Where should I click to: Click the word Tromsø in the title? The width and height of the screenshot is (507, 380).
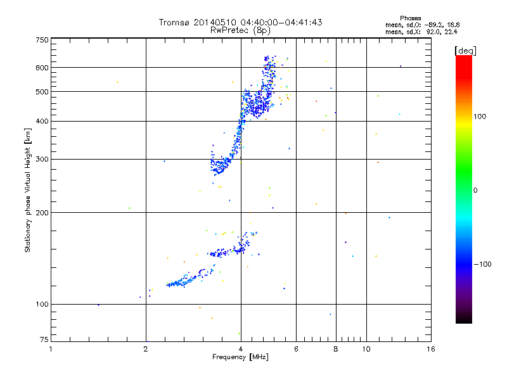[x=176, y=22]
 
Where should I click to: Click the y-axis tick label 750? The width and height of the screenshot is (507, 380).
[x=41, y=40]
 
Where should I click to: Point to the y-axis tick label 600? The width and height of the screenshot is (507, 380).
[x=41, y=68]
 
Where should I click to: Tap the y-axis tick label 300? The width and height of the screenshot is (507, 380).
[x=41, y=160]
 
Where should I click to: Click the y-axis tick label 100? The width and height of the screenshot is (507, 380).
[x=41, y=305]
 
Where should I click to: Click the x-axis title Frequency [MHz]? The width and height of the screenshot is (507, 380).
[x=240, y=358]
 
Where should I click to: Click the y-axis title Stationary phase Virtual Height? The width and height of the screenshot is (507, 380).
[x=28, y=190]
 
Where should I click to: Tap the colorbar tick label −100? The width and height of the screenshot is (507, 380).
[x=484, y=264]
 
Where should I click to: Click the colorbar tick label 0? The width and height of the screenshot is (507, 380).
[x=475, y=190]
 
